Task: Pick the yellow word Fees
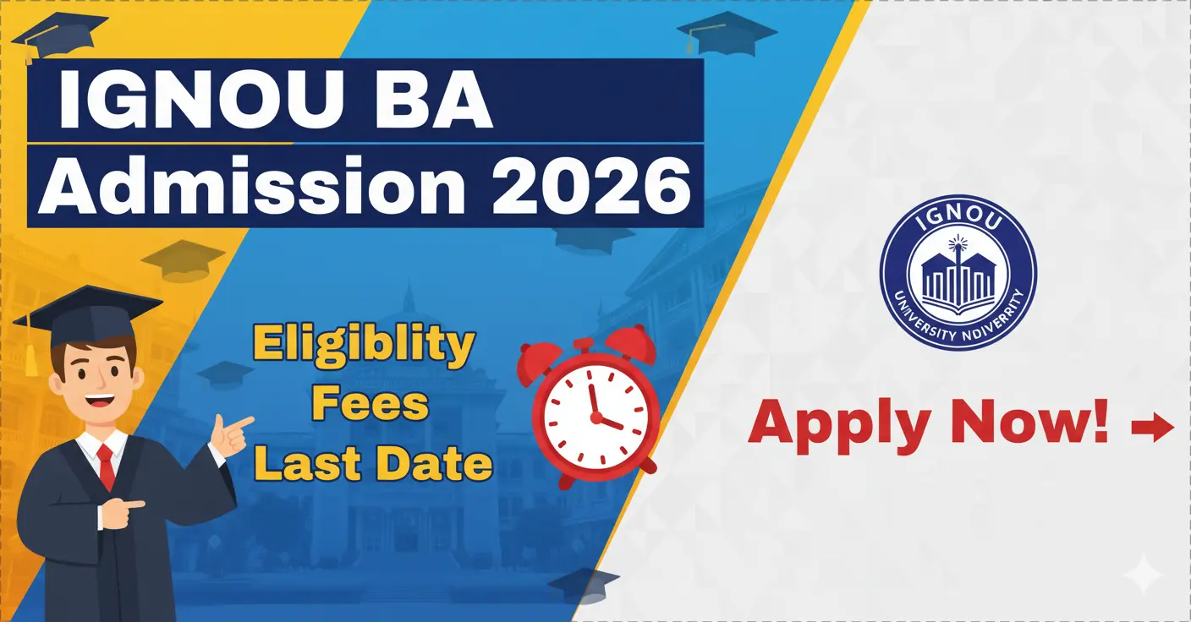[x=370, y=405]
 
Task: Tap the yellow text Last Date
[x=373, y=463]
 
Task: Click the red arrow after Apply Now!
[x=1152, y=428]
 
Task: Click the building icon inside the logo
[x=958, y=276]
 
